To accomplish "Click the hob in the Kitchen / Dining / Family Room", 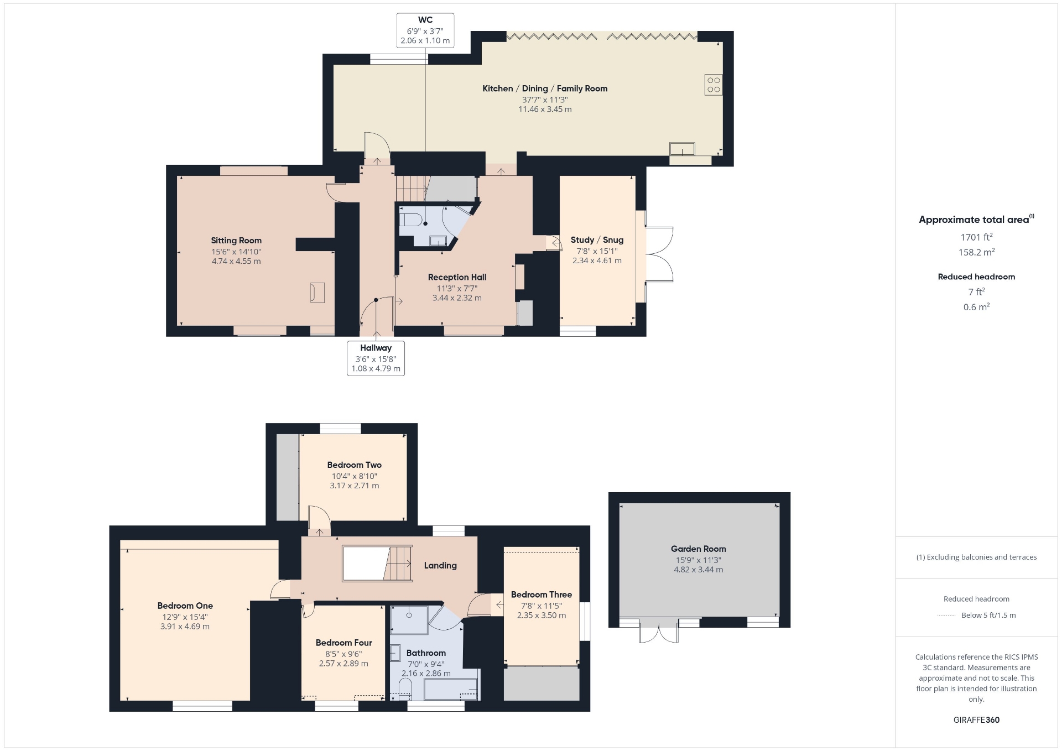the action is click(x=714, y=85).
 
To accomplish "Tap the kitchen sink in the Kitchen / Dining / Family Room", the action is click(x=682, y=149).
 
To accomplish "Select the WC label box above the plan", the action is click(x=425, y=30).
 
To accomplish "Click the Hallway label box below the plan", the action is click(x=376, y=358).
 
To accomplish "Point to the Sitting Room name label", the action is click(x=236, y=241).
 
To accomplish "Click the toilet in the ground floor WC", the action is click(x=409, y=220).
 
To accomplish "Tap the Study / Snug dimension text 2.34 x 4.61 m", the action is click(x=597, y=260).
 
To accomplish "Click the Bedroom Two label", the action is click(x=355, y=465).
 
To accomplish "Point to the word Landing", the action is click(x=440, y=565).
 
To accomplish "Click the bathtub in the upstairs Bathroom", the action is click(x=450, y=690).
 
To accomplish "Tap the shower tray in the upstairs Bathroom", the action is click(x=409, y=620).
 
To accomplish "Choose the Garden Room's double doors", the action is click(x=659, y=630).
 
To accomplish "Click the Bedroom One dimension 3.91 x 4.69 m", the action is click(x=185, y=627).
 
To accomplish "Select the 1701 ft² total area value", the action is click(x=976, y=237).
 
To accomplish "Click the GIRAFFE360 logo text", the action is click(x=976, y=720).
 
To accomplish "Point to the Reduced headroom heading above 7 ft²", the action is click(x=976, y=277).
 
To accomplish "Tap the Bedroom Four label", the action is click(x=344, y=643).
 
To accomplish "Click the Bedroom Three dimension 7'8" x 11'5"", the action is click(x=542, y=606).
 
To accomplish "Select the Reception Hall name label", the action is click(x=457, y=277).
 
